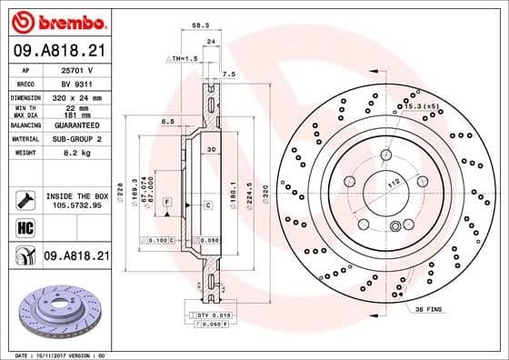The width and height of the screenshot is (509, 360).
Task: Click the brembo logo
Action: [x=56, y=21]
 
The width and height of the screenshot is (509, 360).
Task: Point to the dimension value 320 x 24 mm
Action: [x=76, y=97]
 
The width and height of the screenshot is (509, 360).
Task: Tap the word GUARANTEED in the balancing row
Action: [x=76, y=126]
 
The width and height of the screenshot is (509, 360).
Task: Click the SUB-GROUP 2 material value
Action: [x=76, y=140]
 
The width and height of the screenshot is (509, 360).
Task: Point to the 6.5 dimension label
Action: [x=167, y=121]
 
